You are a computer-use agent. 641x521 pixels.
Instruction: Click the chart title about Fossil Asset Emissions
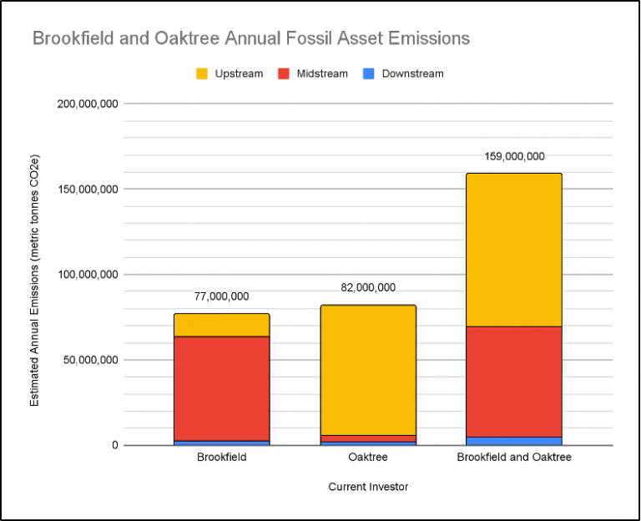point(250,38)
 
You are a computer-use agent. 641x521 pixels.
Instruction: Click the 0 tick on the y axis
point(115,445)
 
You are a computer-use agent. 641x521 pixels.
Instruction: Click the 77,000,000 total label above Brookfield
point(221,296)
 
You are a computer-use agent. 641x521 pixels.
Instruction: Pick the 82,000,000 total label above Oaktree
point(368,288)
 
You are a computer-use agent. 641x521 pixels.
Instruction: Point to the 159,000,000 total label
point(514,156)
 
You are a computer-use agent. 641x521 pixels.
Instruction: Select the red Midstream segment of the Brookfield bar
point(221,388)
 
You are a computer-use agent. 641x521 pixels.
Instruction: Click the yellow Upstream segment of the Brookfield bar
point(221,325)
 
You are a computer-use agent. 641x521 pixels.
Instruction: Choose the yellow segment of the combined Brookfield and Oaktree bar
point(514,250)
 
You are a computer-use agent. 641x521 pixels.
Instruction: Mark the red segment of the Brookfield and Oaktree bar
point(514,381)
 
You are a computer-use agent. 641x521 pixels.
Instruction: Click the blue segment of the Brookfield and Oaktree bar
point(514,441)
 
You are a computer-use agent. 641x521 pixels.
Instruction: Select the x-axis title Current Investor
point(368,486)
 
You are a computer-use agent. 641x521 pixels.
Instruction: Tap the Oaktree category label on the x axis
point(368,458)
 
